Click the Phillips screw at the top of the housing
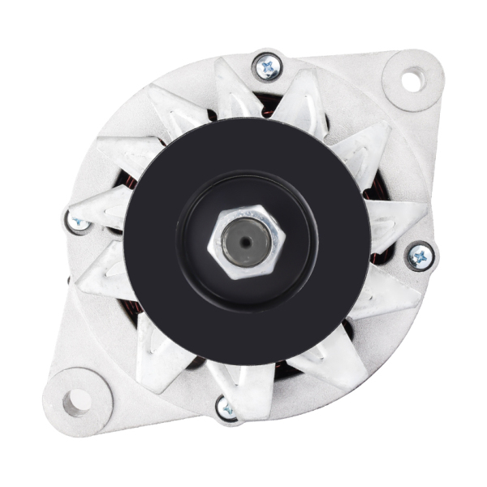coord(267,67)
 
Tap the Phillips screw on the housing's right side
coord(420,257)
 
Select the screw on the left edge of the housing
coord(77,221)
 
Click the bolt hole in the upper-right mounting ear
coord(412,80)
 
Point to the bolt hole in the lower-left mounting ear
coord(77,399)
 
